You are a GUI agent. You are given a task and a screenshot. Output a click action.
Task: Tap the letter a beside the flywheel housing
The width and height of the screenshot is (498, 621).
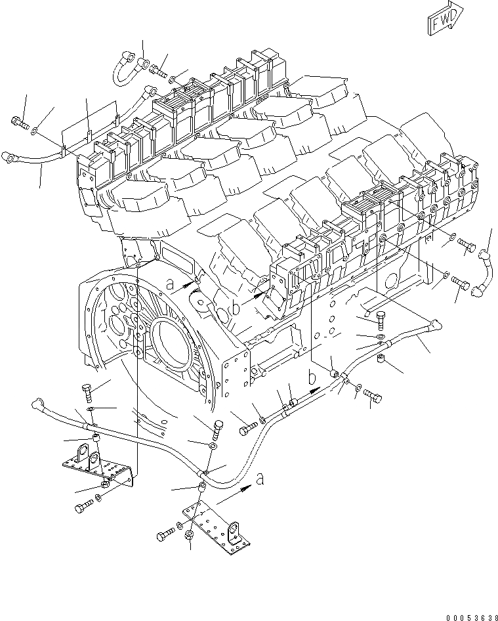pyautogui.click(x=170, y=284)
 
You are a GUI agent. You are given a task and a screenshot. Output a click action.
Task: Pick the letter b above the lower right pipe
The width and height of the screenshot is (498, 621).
pyautogui.click(x=313, y=377)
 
